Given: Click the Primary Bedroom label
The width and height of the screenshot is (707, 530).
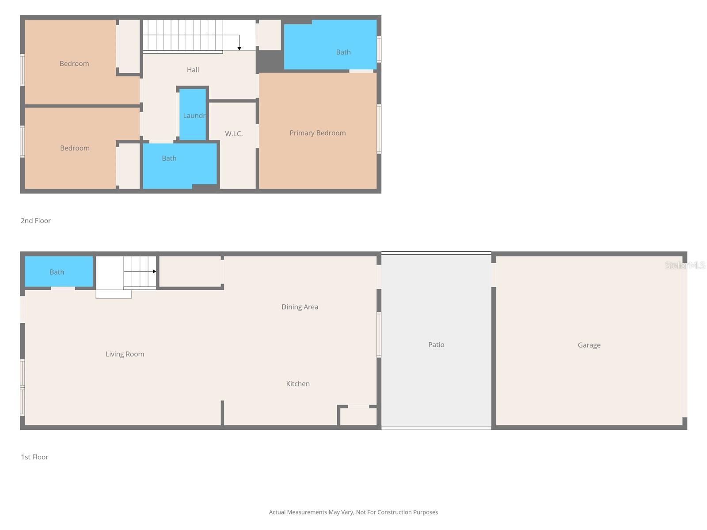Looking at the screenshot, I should coord(317,133).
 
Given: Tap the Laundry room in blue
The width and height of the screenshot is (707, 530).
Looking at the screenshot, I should coord(193,115).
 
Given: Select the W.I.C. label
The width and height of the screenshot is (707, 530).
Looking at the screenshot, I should coord(234,134).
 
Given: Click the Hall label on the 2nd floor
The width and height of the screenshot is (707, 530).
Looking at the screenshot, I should coord(193,70).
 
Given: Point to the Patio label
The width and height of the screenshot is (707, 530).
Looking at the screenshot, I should coord(436,344).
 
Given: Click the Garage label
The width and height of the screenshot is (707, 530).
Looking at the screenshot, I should coord(589,345).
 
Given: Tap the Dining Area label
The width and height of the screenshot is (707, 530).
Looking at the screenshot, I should coord(300,307).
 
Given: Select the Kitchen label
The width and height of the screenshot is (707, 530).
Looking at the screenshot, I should coord(298,384).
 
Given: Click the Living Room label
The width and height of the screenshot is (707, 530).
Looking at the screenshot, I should coord(125,354).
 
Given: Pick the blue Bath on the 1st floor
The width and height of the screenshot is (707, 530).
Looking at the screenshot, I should coord(57,272).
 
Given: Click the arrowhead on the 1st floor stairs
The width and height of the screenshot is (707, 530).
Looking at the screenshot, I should coord(154,271).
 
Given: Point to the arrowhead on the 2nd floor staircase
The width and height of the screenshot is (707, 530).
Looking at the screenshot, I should coord(239,48).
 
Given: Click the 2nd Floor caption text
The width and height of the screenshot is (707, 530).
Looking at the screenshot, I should coord(36,221).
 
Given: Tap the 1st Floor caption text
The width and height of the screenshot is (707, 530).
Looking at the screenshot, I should coord(34,457).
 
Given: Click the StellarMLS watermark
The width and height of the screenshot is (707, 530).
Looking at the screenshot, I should coord(685,265).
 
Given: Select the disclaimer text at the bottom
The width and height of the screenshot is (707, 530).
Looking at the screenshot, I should coord(353,512).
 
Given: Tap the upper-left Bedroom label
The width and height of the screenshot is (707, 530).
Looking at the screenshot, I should coord(74,64).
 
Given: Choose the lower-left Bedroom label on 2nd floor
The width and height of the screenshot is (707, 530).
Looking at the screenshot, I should coord(75,148).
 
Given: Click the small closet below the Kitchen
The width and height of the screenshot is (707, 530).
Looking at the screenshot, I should coord(358,417).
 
